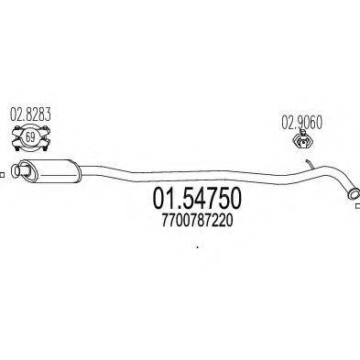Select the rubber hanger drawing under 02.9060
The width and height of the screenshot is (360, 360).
301,140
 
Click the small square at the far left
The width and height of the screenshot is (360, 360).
4,169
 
